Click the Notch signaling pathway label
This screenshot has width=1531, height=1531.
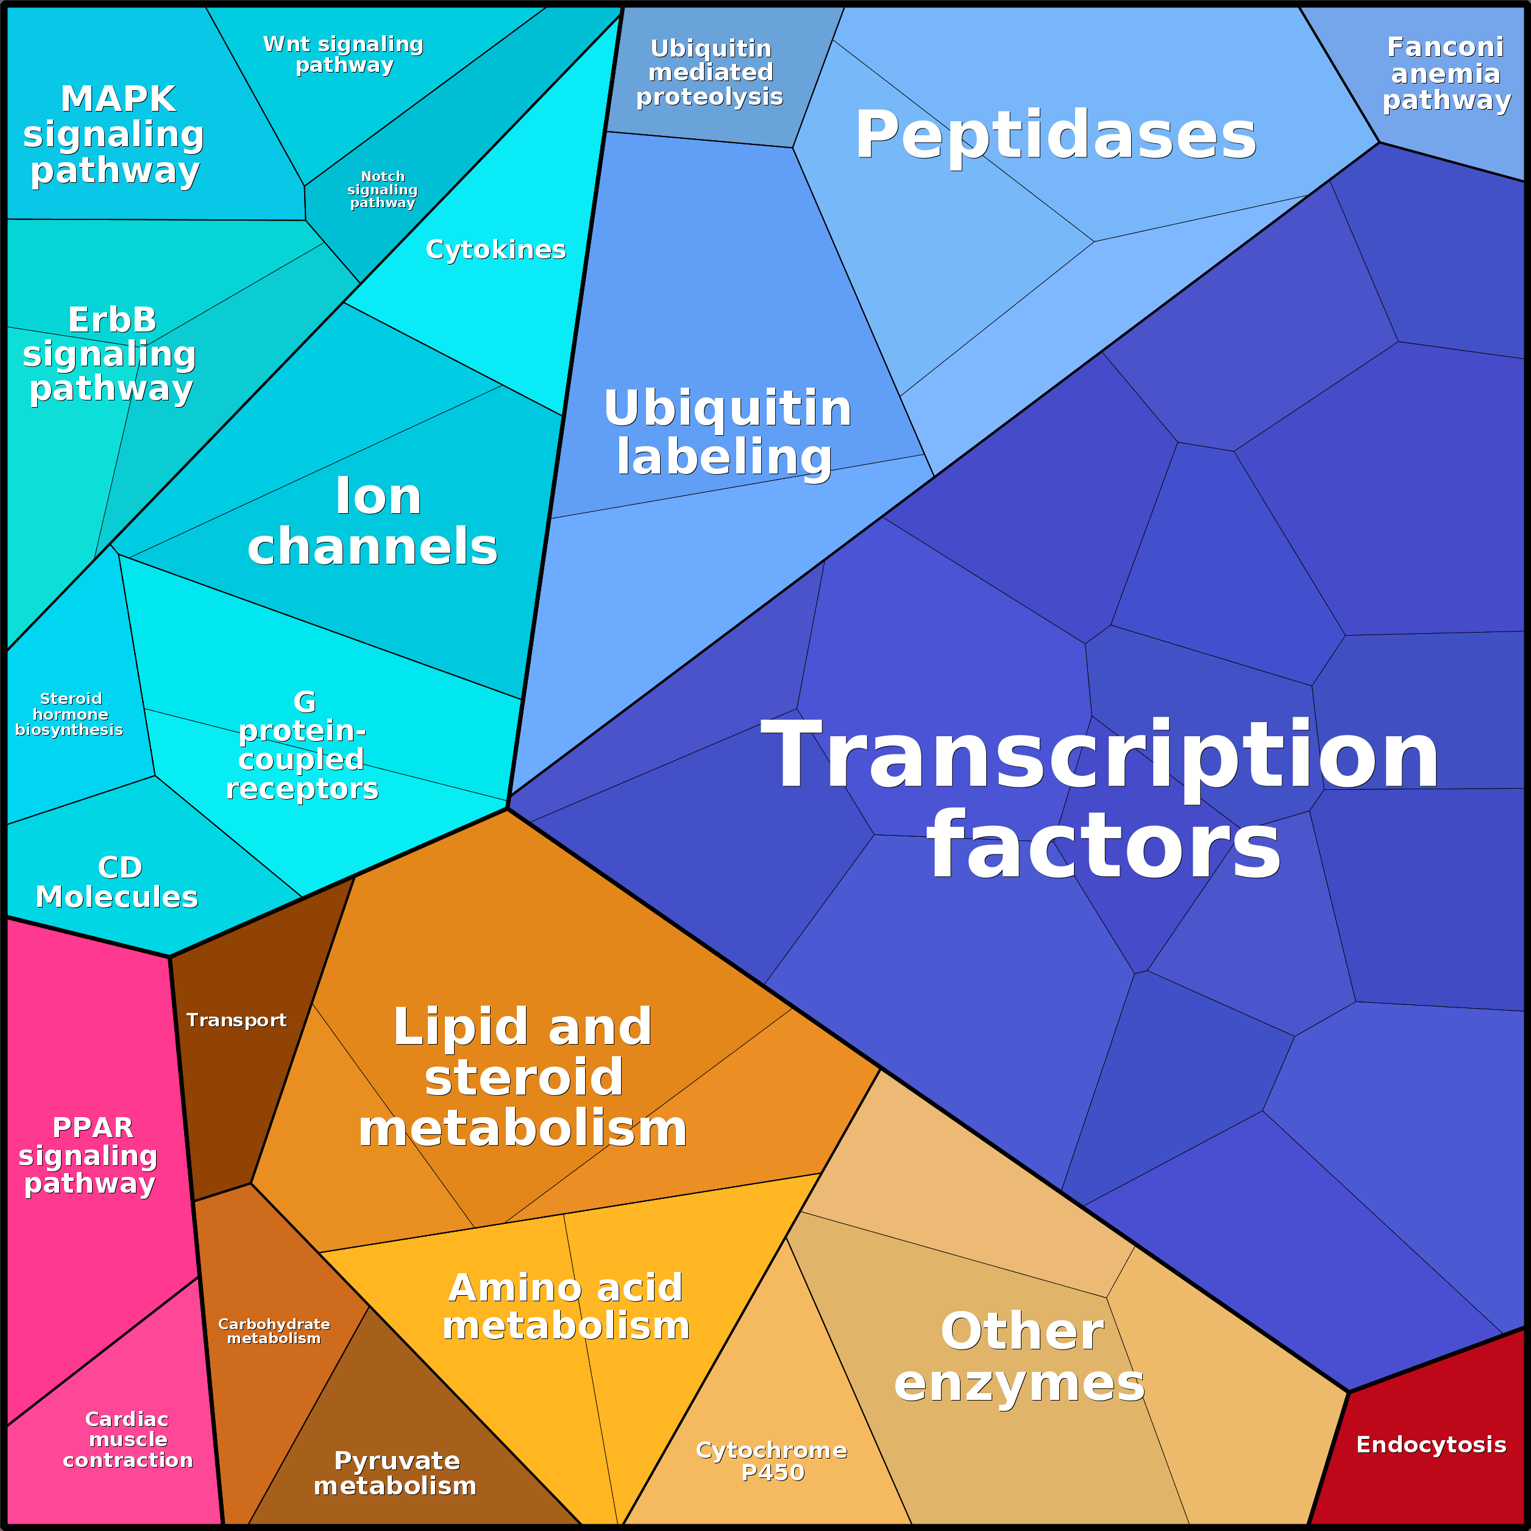coord(383,190)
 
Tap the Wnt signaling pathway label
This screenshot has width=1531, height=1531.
coord(343,55)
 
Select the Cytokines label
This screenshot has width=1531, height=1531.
coord(496,250)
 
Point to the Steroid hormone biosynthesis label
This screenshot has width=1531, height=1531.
coord(69,714)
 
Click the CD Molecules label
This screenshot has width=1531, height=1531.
coord(117,882)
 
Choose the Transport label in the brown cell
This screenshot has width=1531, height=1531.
coord(236,1020)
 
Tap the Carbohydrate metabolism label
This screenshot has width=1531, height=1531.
coord(274,1330)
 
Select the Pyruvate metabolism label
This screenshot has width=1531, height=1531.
coord(396,1472)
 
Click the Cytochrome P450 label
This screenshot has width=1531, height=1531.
coord(772,1460)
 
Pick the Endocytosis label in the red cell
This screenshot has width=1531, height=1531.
coord(1431,1444)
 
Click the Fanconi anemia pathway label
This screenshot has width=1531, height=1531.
coord(1446,74)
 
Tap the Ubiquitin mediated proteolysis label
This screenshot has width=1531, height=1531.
coord(710,73)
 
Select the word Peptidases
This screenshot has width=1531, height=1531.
coord(1055,135)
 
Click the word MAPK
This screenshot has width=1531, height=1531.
coord(118,100)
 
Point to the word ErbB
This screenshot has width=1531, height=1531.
coord(113,320)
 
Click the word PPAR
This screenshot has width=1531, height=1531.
coord(93,1127)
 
